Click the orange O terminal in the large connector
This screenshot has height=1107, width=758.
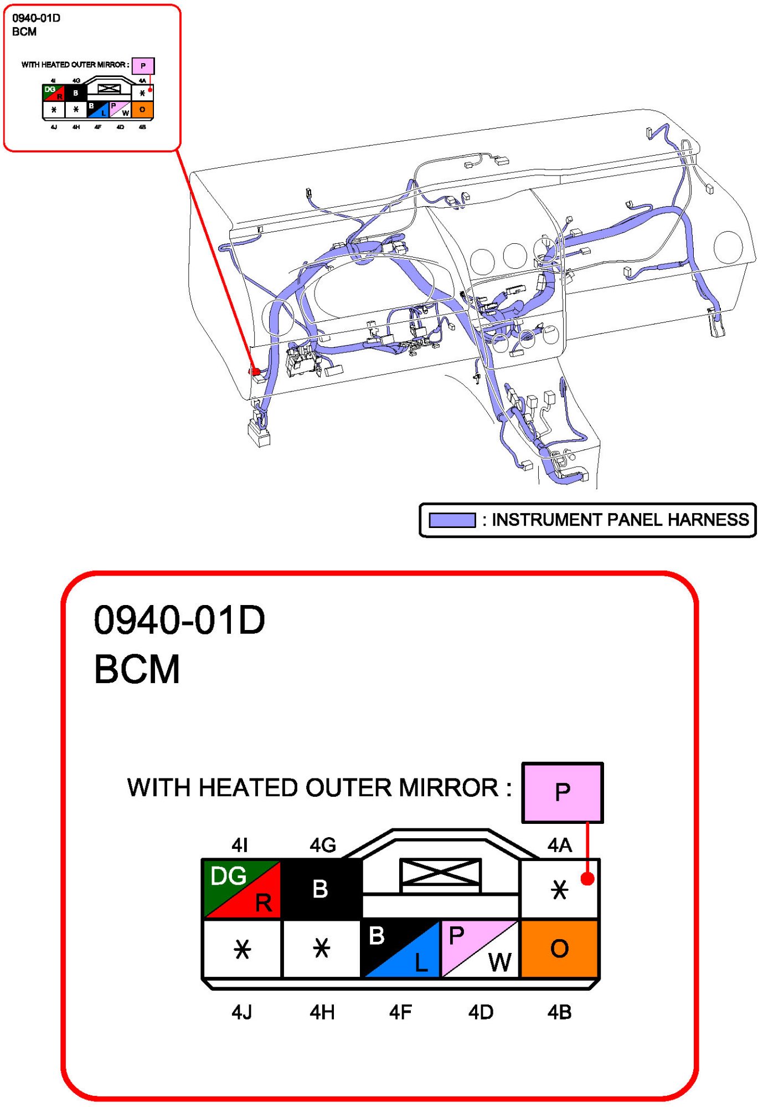pyautogui.click(x=559, y=948)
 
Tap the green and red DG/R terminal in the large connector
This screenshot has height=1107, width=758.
pyautogui.click(x=242, y=889)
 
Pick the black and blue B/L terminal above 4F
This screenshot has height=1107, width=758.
pyautogui.click(x=400, y=948)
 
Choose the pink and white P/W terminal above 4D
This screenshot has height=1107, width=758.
pyautogui.click(x=480, y=948)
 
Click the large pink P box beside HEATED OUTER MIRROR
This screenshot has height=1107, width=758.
pyautogui.click(x=563, y=792)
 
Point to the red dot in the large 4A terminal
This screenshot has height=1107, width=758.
pyautogui.click(x=587, y=879)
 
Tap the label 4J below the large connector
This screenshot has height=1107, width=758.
pyautogui.click(x=242, y=1012)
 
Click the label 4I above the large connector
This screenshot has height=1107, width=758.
pyautogui.click(x=239, y=845)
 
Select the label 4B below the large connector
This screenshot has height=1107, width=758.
pyautogui.click(x=559, y=1012)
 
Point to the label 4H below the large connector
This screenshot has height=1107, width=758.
pyautogui.click(x=322, y=1012)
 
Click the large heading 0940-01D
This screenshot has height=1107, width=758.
pyautogui.click(x=179, y=619)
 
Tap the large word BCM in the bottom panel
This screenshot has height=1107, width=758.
pyautogui.click(x=137, y=669)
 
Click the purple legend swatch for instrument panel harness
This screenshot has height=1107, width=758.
pyautogui.click(x=452, y=520)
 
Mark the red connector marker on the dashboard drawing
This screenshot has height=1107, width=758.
pyautogui.click(x=255, y=371)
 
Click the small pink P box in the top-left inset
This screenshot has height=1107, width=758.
pyautogui.click(x=143, y=66)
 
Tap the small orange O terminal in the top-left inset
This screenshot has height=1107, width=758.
pyautogui.click(x=142, y=109)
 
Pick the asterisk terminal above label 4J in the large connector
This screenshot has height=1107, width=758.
pyautogui.click(x=242, y=949)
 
